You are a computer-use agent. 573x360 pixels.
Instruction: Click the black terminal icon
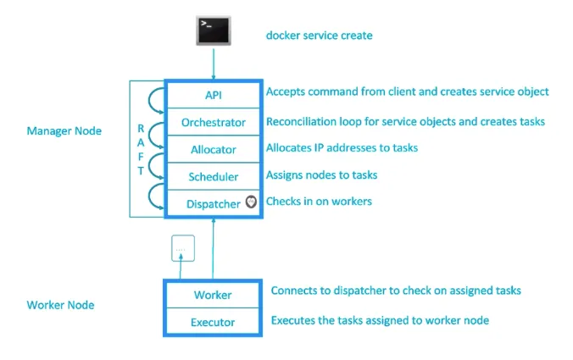(x=214, y=30)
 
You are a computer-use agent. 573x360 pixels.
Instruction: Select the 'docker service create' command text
(x=319, y=36)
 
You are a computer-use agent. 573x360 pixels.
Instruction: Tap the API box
(x=214, y=95)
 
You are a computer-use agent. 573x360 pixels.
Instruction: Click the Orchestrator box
(x=214, y=122)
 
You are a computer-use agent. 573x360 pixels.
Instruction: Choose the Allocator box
(x=214, y=149)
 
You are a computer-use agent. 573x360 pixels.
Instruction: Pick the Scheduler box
(x=214, y=176)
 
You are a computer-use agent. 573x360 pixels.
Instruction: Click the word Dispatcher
(x=213, y=204)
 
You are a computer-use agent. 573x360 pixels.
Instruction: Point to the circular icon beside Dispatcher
(x=251, y=202)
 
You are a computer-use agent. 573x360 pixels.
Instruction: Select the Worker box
(x=213, y=295)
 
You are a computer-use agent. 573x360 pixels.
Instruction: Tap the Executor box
(x=213, y=322)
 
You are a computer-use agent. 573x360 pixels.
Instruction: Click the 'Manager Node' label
(x=64, y=130)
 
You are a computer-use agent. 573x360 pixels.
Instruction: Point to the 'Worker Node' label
(x=60, y=305)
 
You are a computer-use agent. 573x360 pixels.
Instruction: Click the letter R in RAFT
(x=141, y=129)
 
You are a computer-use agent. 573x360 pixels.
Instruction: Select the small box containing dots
(x=183, y=248)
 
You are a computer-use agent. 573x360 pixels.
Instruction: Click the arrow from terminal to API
(x=214, y=64)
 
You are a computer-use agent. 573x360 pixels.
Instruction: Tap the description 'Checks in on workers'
(x=319, y=202)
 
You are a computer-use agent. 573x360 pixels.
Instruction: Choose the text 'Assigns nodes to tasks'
(x=321, y=174)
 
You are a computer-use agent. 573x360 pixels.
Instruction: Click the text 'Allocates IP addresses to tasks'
(x=342, y=147)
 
